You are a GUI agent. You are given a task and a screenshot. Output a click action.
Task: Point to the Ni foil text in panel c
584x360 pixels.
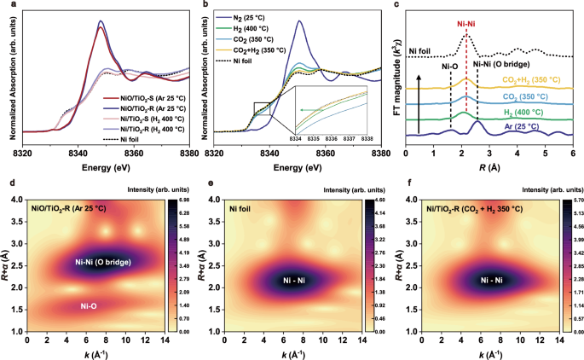pyautogui.click(x=423, y=50)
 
